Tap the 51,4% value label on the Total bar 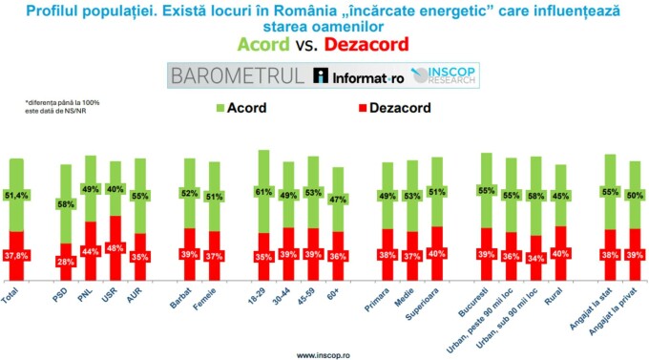16,195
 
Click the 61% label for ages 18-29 263,191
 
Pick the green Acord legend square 221,107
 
